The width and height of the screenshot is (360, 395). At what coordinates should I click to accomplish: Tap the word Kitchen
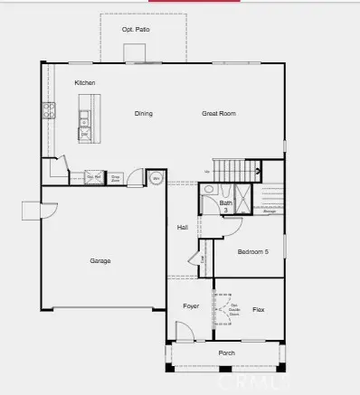(85, 83)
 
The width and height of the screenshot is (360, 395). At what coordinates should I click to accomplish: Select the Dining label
(143, 114)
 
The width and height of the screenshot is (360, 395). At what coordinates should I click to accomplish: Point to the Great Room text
(218, 114)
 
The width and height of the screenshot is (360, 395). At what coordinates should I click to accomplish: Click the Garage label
(99, 261)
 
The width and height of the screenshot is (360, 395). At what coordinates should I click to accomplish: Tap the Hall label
(182, 228)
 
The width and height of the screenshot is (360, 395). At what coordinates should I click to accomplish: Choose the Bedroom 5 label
(253, 252)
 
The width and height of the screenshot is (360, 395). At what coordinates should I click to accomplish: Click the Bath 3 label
(225, 206)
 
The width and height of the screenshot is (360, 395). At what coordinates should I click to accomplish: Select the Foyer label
(190, 307)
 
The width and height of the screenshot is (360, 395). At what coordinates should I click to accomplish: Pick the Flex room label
(258, 309)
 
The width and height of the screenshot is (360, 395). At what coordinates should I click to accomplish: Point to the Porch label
(225, 353)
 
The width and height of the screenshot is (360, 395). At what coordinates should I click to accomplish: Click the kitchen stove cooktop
(48, 112)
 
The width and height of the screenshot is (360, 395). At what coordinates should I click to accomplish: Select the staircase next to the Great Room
(237, 168)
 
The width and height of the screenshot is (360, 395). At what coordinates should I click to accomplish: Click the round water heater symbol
(155, 178)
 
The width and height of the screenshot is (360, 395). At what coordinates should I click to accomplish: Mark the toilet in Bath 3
(209, 191)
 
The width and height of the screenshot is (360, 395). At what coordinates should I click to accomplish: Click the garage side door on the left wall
(32, 211)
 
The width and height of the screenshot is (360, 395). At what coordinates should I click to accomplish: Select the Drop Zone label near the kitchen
(116, 178)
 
